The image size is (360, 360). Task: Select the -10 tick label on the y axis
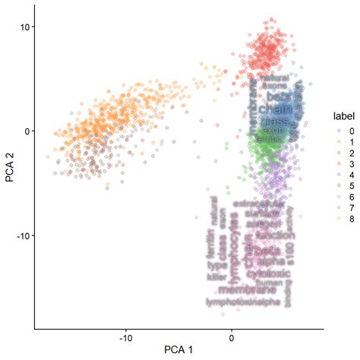point(21,235)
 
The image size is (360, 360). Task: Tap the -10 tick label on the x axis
point(126,336)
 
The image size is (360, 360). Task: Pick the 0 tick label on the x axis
point(232,336)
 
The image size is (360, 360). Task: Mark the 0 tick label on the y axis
point(26,131)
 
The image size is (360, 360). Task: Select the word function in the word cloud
point(271,236)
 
